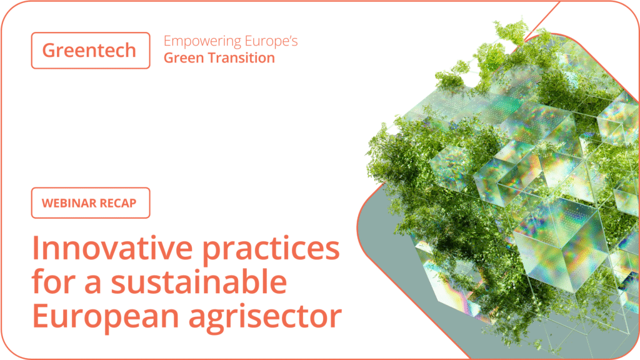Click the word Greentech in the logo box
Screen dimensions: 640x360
coord(89,50)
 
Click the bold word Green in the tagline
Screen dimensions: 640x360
coord(184,58)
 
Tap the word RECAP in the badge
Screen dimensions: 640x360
coord(118,203)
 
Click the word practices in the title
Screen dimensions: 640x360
coord(271,251)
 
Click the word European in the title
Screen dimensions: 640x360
coord(106,317)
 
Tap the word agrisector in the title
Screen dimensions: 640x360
coord(265,317)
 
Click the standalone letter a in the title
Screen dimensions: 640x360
coord(94,284)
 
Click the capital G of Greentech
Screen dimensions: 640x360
coord(50,50)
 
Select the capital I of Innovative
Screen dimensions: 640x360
coord(35,248)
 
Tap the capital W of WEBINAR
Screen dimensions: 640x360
coord(48,203)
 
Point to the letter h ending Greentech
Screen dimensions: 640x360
coord(130,50)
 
